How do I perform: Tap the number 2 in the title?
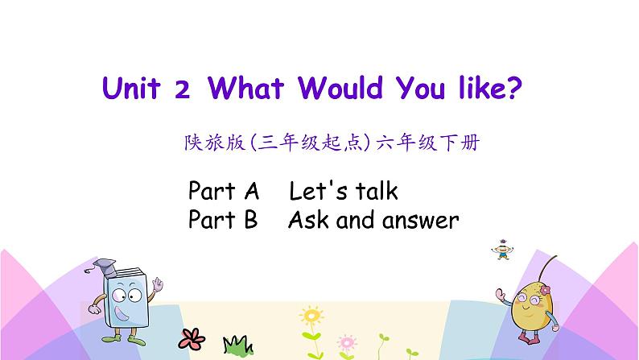182,89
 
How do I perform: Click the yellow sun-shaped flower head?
309,315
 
